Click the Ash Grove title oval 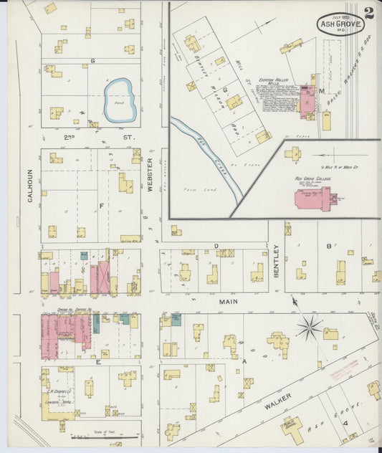coord(340,24)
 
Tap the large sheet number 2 coord(368,12)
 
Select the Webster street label coord(151,175)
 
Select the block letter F coord(101,205)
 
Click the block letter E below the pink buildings coord(97,363)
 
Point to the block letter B coord(329,247)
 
